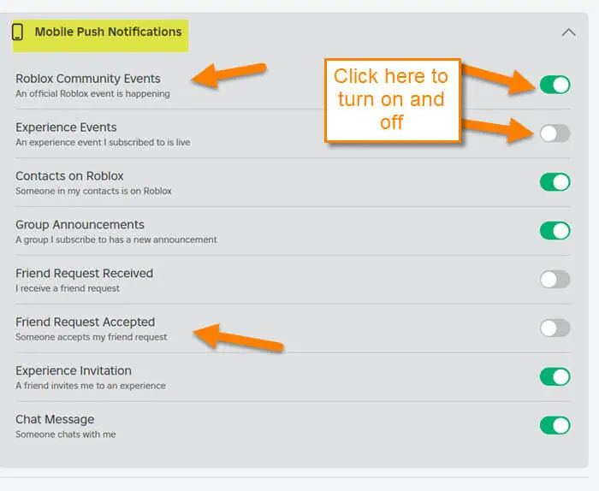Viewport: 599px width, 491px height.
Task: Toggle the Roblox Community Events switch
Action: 555,85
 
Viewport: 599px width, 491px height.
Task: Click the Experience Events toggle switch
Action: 555,133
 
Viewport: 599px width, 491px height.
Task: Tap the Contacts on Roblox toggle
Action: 555,182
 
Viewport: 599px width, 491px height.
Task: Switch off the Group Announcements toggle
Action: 555,231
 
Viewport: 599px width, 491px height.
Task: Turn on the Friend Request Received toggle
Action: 555,280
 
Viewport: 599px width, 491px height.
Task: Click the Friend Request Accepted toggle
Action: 555,328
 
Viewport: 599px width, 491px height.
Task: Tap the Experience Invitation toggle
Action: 555,377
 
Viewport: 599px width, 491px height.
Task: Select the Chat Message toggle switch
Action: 555,425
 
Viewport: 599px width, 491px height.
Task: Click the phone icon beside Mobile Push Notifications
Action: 17,32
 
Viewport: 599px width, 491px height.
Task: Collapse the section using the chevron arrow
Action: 568,32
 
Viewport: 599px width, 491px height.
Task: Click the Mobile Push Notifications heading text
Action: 108,32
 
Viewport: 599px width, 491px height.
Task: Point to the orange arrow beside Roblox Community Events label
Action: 228,74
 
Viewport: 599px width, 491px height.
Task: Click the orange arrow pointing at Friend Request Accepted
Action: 238,338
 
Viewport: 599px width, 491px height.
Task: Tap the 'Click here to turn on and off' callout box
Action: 392,100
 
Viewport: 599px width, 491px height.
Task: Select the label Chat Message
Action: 55,419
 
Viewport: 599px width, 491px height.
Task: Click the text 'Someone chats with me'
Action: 66,435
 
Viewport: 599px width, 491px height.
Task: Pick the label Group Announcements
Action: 80,224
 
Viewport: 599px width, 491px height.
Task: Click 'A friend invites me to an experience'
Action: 91,386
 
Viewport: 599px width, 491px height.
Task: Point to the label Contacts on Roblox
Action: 69,176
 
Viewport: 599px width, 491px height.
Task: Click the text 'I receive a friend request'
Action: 68,288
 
